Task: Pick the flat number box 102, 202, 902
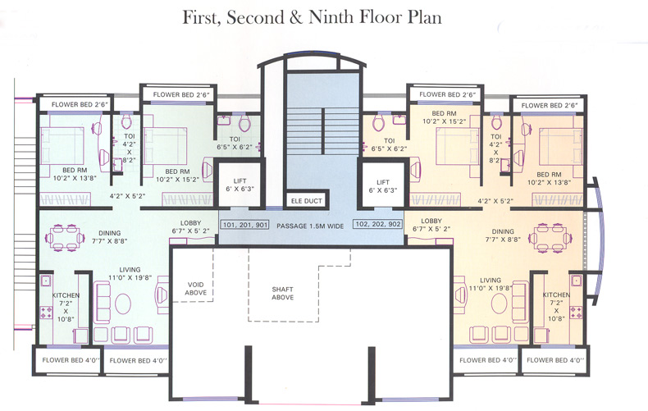click(379, 224)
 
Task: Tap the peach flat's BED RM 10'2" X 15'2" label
click(444, 119)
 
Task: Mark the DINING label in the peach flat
click(519, 231)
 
